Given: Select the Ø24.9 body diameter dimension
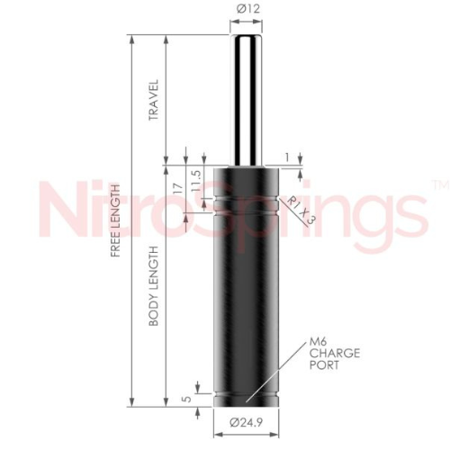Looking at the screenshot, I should coord(246,422).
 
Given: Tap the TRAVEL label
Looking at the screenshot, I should coord(154,102).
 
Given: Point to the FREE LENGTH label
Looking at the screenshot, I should coord(116,220).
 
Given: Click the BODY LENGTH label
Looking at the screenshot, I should coord(154,285).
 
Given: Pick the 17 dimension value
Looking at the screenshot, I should coord(178,191).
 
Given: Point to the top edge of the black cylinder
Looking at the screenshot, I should coord(246,167).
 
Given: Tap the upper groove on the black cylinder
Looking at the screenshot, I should coord(246,194).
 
